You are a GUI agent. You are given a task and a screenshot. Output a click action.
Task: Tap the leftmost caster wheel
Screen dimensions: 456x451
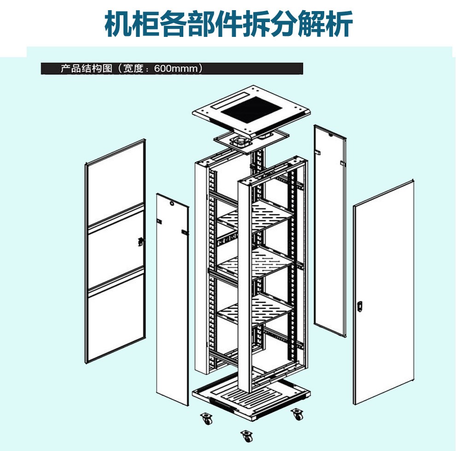(206, 418)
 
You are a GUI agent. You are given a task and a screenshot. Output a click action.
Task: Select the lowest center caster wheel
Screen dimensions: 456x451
(247, 436)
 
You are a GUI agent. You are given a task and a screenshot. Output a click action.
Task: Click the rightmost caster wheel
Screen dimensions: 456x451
(297, 414)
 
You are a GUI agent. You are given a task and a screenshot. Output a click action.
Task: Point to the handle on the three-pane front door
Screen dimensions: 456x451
(141, 241)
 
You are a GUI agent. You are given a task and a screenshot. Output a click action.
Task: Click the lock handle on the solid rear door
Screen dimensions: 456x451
(360, 306)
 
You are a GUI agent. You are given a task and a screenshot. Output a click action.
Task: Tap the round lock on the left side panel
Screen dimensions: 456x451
(172, 203)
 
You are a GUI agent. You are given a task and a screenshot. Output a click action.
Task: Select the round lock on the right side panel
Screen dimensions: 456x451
(330, 135)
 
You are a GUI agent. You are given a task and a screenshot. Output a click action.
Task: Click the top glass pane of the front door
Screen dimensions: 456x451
(116, 184)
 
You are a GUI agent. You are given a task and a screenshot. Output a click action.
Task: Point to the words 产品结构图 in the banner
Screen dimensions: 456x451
(87, 69)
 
